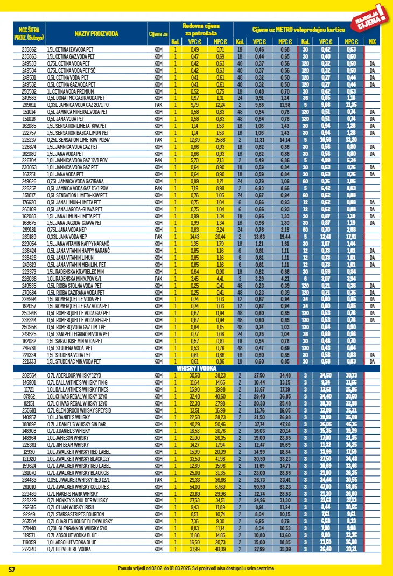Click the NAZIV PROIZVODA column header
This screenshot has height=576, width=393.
coord(96,34)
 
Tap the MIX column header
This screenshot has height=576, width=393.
coord(372,41)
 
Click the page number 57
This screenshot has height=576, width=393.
coord(11,569)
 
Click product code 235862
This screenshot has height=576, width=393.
coord(29,49)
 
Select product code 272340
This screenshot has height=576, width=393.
coord(29,549)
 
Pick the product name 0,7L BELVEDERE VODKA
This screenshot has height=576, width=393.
coord(67,549)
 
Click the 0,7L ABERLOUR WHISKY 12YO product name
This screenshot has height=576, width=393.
coord(70,374)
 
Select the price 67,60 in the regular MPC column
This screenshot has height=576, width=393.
coord(220,487)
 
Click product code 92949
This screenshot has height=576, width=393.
coord(29,514)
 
